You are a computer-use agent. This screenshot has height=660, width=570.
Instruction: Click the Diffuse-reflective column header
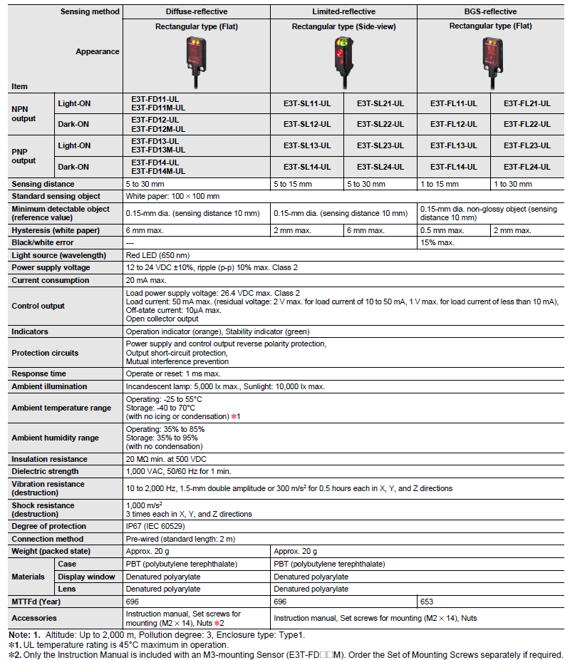(x=197, y=11)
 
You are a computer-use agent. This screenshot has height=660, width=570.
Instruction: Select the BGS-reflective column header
(x=492, y=11)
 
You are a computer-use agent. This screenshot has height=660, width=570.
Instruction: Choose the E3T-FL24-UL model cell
(x=527, y=167)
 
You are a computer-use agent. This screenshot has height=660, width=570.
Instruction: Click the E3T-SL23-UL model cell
(x=380, y=145)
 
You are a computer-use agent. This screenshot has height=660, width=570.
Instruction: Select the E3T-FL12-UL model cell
(x=454, y=124)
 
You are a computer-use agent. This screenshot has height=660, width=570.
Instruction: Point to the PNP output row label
(x=24, y=156)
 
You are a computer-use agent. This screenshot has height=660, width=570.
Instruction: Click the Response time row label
(x=39, y=373)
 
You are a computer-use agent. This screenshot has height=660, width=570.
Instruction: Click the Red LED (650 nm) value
(x=157, y=255)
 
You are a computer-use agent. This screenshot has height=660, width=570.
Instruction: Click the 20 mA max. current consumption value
(x=147, y=281)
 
